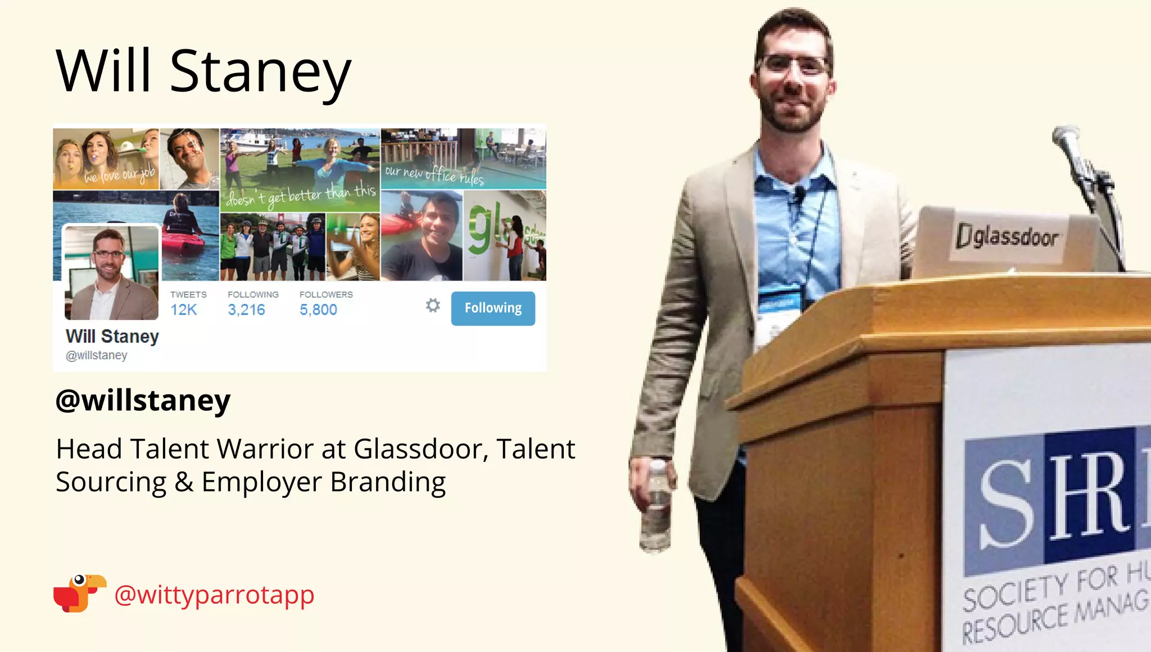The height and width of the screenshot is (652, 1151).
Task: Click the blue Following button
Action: (493, 308)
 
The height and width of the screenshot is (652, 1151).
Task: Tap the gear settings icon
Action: (433, 305)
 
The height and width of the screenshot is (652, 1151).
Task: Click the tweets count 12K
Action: (184, 310)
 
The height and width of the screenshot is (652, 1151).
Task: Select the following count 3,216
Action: (246, 310)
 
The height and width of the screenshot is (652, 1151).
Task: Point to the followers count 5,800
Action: (318, 310)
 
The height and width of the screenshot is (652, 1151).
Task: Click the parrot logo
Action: (79, 593)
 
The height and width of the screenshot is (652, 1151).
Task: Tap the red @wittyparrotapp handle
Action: (214, 595)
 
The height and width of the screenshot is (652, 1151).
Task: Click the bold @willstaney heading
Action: (143, 400)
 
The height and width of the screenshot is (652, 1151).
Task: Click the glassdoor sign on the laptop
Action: (1007, 236)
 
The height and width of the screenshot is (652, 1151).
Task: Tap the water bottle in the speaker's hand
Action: (656, 506)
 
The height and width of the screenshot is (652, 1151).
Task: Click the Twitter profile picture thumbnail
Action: (111, 273)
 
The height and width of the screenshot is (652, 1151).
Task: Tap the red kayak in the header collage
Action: (183, 244)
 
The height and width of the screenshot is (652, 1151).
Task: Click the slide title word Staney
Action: (260, 71)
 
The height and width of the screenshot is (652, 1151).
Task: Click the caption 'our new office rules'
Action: (434, 175)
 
